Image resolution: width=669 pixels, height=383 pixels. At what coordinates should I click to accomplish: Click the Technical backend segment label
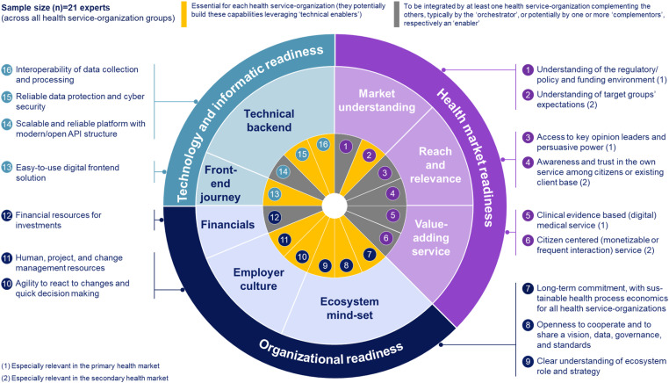click(x=270, y=120)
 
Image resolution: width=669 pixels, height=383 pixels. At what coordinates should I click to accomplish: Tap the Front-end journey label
click(x=220, y=184)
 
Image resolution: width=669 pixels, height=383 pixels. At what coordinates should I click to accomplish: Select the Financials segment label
click(x=227, y=225)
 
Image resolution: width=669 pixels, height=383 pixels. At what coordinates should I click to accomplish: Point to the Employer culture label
click(x=258, y=279)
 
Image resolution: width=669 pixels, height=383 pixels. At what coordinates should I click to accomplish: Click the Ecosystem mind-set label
click(x=349, y=308)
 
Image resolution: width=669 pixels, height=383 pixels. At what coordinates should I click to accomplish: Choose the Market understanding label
click(x=377, y=100)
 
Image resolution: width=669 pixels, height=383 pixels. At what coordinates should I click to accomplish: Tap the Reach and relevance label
click(x=435, y=165)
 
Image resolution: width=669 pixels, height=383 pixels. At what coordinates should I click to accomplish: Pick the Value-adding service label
click(x=431, y=237)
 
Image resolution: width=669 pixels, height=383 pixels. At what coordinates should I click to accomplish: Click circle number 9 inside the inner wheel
click(x=325, y=265)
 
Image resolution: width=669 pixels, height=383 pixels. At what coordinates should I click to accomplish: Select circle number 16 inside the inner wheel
click(x=323, y=144)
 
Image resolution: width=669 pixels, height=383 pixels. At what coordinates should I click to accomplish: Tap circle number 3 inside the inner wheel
click(x=385, y=172)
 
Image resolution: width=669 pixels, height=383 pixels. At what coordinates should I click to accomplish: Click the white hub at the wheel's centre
click(x=334, y=206)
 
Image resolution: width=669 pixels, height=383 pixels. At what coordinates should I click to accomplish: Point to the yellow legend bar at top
click(x=183, y=14)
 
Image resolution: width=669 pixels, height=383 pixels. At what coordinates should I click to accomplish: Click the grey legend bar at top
click(x=397, y=14)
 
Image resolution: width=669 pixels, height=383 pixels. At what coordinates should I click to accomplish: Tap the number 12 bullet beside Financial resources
click(x=6, y=215)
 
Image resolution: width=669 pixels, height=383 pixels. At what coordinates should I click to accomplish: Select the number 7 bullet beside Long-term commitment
click(x=528, y=288)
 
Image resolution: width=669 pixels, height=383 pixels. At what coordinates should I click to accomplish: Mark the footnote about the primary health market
click(x=80, y=366)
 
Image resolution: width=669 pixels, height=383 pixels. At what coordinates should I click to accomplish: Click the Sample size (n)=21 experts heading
click(x=55, y=8)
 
